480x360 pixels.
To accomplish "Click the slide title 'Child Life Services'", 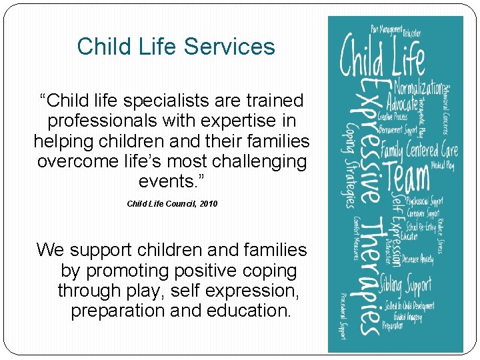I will coord(176,47).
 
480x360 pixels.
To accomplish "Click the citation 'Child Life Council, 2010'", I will coord(172,203).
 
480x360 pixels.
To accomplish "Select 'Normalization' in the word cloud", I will coord(417,87).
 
